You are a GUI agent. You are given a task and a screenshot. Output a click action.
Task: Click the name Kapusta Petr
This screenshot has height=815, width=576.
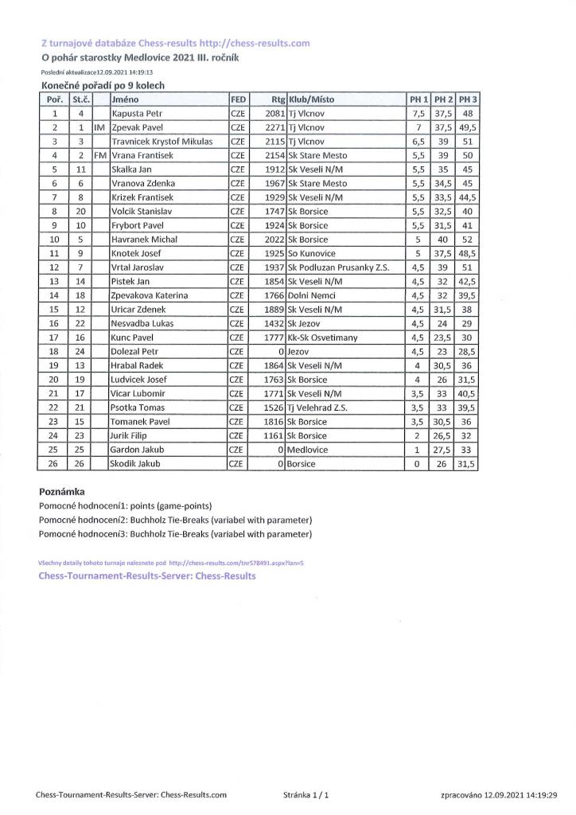point(137,113)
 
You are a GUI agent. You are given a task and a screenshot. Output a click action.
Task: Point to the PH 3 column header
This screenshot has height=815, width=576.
point(467,99)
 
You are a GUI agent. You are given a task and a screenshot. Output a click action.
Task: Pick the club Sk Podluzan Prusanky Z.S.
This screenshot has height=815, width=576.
point(339,267)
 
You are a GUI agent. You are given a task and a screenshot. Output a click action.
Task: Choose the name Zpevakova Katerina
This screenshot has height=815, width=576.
point(150,295)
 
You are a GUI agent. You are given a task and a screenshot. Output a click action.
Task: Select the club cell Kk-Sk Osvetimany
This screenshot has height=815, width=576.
point(323,337)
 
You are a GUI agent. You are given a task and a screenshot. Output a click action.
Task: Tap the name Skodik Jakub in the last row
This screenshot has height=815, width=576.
point(137,464)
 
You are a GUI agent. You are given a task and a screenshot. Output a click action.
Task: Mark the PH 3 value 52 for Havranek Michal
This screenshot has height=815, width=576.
point(467,240)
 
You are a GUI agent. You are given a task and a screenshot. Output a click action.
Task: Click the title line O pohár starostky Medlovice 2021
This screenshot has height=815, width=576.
point(140,57)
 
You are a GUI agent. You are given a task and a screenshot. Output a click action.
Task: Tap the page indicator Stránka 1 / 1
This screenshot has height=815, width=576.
point(306,794)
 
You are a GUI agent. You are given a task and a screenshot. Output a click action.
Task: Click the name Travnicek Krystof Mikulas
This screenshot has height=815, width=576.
point(162,141)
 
